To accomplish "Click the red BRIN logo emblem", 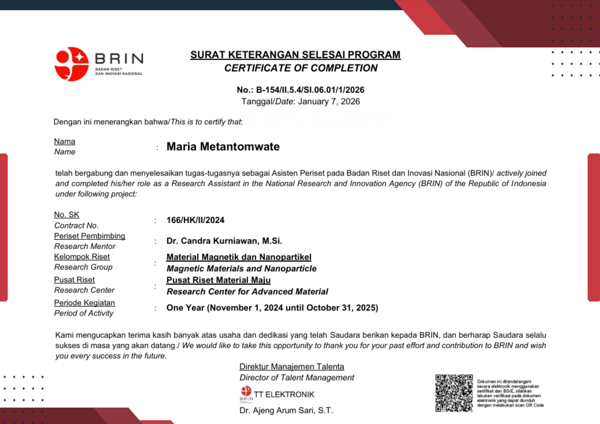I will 71,64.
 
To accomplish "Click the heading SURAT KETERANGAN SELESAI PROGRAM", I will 295,55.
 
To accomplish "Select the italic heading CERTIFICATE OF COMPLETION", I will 301,68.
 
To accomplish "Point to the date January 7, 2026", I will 329,101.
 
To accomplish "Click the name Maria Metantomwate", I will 223,147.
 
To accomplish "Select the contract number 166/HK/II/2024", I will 195,220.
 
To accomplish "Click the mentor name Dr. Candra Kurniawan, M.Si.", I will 224,241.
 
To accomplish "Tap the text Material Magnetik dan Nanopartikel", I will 239,257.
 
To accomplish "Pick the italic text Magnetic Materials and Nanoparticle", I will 241,268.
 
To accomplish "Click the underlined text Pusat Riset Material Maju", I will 218,280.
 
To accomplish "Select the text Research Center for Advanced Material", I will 247,291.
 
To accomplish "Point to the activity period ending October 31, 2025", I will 272,308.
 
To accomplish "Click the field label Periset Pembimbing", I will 89,236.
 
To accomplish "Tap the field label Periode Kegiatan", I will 84,303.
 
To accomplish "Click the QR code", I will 454,393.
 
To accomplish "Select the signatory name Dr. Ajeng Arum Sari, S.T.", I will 286,410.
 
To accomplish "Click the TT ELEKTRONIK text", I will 284,394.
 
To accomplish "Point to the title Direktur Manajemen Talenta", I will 292,366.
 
